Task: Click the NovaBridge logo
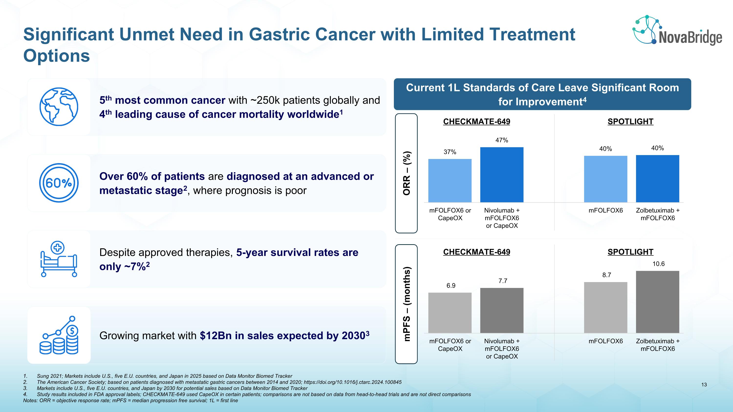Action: tap(677, 31)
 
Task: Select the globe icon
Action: tap(59, 107)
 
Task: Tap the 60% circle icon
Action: tap(59, 183)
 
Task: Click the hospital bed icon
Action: tap(59, 259)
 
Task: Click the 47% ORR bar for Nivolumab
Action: tap(502, 175)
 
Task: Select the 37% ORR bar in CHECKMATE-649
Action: tap(450, 180)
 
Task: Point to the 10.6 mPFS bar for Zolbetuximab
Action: tap(657, 302)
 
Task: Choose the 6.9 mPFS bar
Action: tap(450, 313)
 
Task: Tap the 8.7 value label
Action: tap(606, 275)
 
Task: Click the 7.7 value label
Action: tap(503, 281)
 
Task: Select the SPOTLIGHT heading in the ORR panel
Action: tap(630, 121)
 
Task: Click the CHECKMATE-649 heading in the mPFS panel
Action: tap(477, 252)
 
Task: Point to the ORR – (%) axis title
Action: tap(406, 173)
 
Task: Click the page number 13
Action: tap(704, 385)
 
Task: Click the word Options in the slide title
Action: tap(57, 56)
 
